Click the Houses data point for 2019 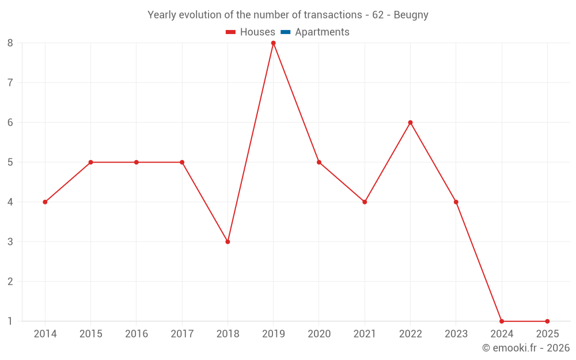coord(273,43)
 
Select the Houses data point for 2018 coord(228,242)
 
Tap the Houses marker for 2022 coord(410,123)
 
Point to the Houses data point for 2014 coord(45,202)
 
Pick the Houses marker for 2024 coord(502,321)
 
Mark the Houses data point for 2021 coord(365,202)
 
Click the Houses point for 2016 coord(137,162)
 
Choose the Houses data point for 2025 coord(547,321)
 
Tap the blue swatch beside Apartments coord(286,32)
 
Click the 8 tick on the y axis coord(10,43)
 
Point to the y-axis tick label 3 coord(10,242)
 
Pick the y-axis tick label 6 coord(10,123)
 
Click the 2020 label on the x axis coord(319,334)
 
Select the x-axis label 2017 coord(182,334)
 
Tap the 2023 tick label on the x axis coord(456,334)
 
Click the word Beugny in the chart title coord(411,15)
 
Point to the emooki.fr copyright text coord(526,348)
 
